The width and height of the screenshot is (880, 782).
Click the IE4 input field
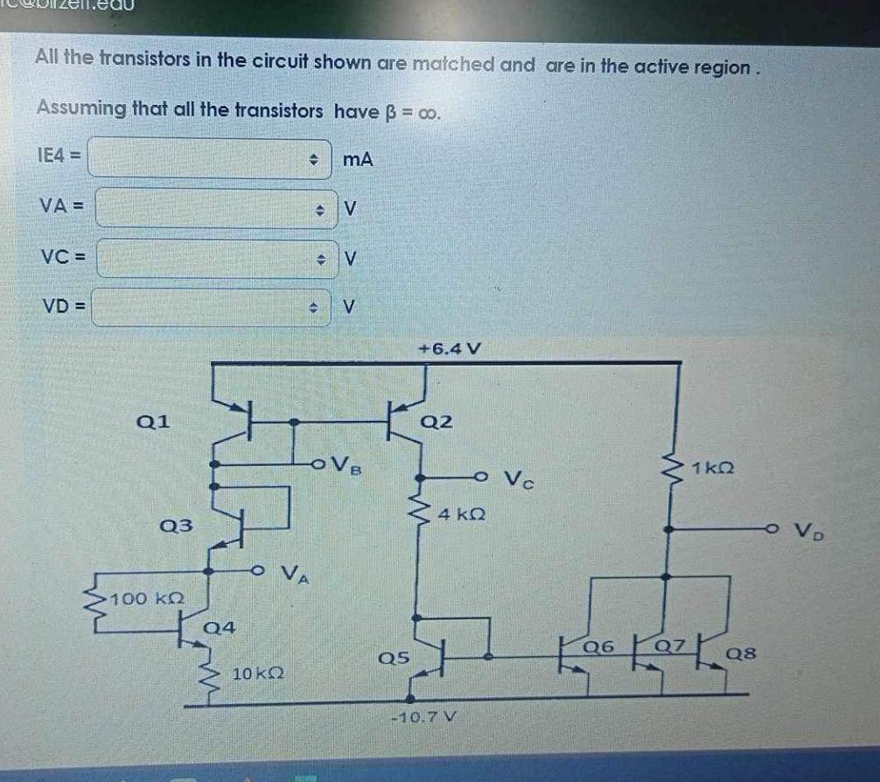pos(210,158)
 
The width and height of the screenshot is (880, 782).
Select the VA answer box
pos(215,208)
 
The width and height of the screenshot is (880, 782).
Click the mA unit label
pos(358,159)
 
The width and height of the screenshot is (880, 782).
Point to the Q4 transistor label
pos(219,627)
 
